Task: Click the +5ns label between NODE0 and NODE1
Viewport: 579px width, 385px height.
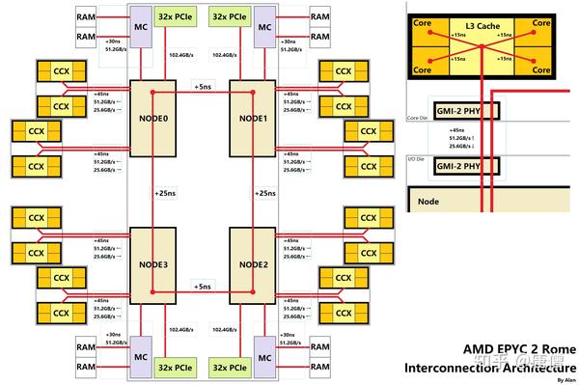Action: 204,86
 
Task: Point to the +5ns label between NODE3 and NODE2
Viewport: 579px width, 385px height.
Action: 204,287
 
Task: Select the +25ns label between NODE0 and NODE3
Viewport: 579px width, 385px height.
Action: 167,193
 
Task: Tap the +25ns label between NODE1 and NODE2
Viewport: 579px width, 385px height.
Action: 267,193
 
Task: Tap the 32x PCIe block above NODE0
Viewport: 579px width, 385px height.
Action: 183,17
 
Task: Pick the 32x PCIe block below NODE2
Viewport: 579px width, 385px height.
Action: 231,367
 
